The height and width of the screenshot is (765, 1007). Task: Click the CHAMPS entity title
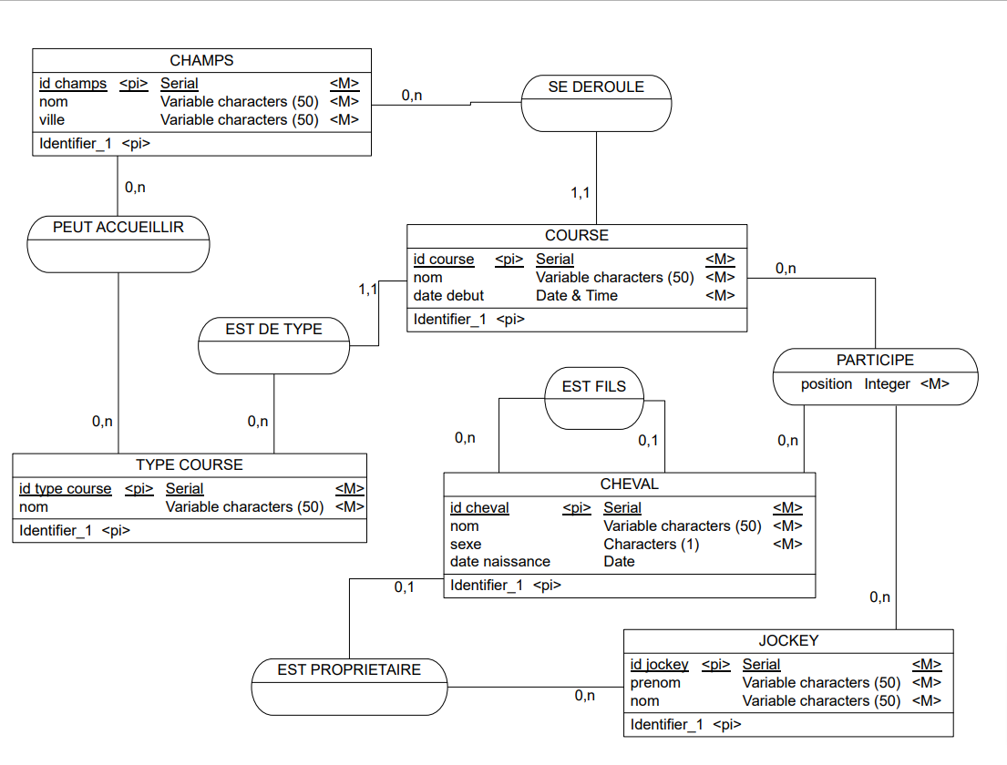point(201,61)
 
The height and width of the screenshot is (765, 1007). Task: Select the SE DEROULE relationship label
point(596,87)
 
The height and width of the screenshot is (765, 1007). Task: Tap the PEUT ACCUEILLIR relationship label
point(118,227)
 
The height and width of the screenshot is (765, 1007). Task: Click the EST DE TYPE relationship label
point(273,329)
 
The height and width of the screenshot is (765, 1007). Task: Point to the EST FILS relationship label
point(594,386)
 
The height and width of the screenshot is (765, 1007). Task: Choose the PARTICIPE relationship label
point(875,361)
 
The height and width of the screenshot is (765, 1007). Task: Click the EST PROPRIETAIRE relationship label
point(349,669)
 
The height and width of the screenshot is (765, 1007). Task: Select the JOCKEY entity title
point(788,641)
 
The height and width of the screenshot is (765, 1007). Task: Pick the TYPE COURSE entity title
point(190,465)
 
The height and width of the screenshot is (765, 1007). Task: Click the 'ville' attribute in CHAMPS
point(53,120)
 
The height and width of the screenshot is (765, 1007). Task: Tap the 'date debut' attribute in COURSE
point(448,296)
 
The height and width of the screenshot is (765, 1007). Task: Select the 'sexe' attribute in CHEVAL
point(466,545)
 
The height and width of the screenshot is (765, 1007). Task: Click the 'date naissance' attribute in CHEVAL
point(500,562)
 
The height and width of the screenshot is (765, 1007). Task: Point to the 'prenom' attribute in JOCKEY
point(655,683)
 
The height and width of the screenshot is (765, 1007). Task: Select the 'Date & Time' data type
point(576,296)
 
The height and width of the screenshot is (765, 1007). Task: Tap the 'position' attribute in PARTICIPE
point(827,384)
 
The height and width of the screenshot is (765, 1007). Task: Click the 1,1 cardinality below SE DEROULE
point(581,193)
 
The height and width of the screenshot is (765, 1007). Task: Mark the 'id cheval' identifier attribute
point(479,508)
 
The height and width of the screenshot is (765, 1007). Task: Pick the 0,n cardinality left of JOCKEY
point(585,696)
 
